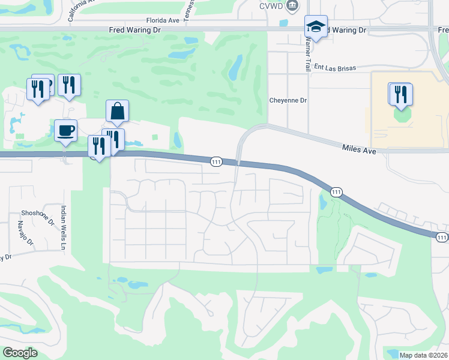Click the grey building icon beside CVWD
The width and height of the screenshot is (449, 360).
[x=292, y=7]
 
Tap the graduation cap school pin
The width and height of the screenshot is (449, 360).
[x=315, y=27]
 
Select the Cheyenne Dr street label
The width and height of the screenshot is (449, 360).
[x=288, y=100]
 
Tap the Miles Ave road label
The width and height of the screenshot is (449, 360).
[x=359, y=149]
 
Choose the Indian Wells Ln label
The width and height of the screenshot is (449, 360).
[x=62, y=227]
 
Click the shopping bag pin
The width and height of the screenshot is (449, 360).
[x=117, y=112]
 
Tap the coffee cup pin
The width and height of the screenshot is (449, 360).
[x=65, y=130]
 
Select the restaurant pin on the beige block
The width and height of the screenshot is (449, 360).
[x=400, y=94]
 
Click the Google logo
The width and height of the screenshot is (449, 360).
[x=20, y=353]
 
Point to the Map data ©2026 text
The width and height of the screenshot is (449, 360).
[x=423, y=355]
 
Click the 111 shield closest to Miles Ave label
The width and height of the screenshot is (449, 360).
[x=336, y=192]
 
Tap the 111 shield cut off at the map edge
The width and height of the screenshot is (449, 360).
[x=442, y=237]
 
